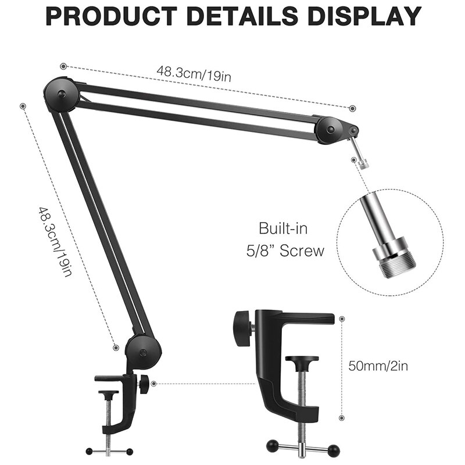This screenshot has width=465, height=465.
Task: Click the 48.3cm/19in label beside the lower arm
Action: click(x=56, y=241)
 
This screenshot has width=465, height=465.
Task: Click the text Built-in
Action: click(x=282, y=228)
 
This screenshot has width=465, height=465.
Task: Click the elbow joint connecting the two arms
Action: click(x=60, y=93)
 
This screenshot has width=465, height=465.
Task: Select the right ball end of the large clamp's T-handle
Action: click(x=334, y=449)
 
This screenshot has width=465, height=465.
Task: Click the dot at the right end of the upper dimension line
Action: click(x=352, y=108)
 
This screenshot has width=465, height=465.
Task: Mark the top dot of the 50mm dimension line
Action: click(x=341, y=319)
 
